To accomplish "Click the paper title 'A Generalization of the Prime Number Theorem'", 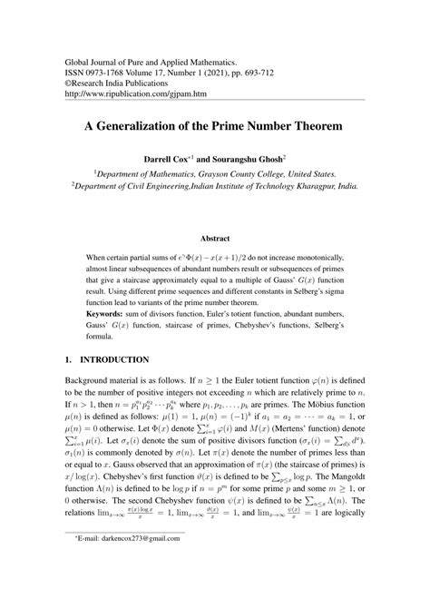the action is tap(214, 127).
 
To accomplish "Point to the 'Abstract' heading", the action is tap(214, 238).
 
